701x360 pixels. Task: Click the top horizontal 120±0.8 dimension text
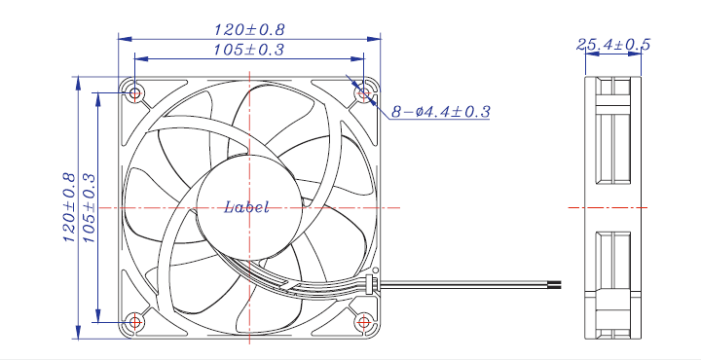pyautogui.click(x=249, y=30)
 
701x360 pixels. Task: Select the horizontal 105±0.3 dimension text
pyautogui.click(x=248, y=50)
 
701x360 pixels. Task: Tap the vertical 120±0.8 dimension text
pyautogui.click(x=69, y=207)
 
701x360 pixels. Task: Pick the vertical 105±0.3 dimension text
pyautogui.click(x=90, y=207)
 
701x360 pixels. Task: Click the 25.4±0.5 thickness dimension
pyautogui.click(x=613, y=44)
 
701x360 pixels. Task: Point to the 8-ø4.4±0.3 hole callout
pyautogui.click(x=441, y=111)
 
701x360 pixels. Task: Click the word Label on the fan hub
pyautogui.click(x=246, y=207)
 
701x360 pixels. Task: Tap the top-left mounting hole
pyautogui.click(x=135, y=93)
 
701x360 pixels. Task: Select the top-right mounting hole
pyautogui.click(x=364, y=93)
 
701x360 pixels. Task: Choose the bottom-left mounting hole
pyautogui.click(x=135, y=322)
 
